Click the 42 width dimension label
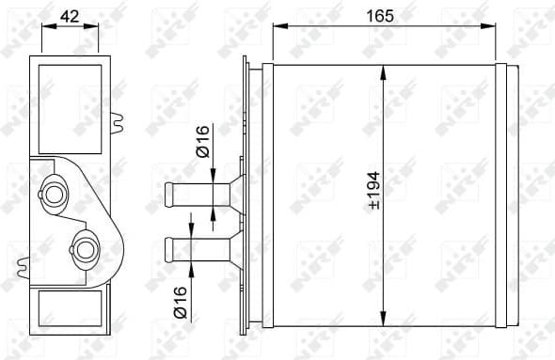click(x=69, y=16)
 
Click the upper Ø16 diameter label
click(x=201, y=146)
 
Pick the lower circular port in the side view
click(x=87, y=249)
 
